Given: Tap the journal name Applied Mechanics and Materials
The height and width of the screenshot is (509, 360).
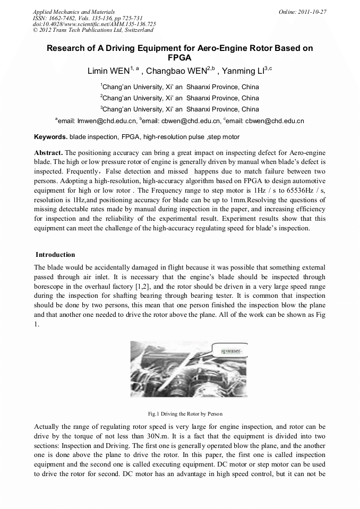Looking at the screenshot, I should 74,12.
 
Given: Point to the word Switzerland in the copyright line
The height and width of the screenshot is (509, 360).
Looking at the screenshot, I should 135,30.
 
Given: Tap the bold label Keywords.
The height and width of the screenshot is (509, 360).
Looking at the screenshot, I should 50,137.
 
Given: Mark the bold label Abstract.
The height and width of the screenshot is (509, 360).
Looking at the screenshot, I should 48,152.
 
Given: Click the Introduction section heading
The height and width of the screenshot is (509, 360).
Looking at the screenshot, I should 55,255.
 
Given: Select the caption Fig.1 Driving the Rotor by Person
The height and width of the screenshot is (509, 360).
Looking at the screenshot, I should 180,413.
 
